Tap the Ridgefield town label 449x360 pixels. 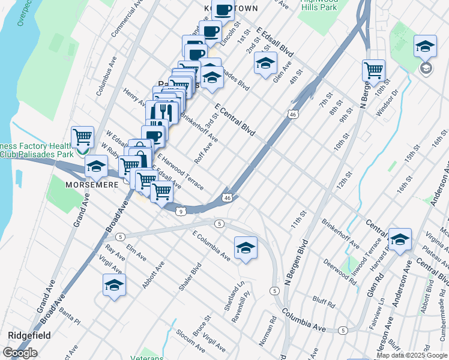[29, 335]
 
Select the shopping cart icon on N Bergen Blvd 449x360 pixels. [373, 71]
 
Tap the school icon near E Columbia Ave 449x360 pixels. [245, 248]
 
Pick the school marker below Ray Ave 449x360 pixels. [114, 286]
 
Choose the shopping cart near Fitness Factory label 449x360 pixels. [82, 137]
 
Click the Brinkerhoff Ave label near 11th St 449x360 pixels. [340, 236]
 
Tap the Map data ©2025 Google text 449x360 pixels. [412, 355]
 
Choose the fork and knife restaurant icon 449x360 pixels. [163, 112]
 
